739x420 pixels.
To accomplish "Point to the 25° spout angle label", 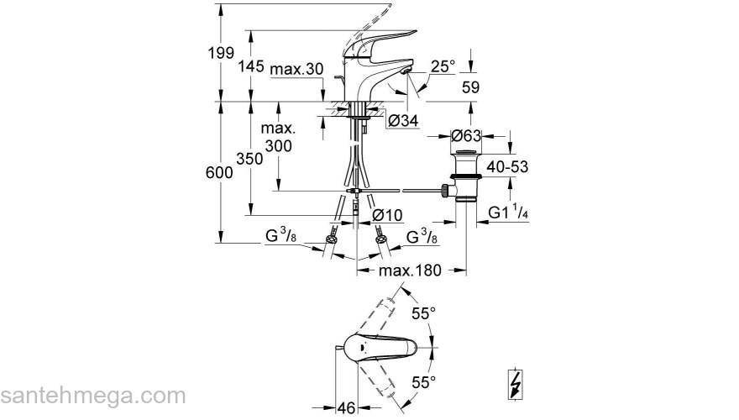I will click(x=443, y=66).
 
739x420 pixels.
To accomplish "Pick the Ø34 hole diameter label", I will click(x=403, y=121).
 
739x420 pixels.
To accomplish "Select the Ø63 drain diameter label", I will click(x=465, y=135).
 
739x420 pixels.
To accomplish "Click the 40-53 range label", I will click(x=507, y=167).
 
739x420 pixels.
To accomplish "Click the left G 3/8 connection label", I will click(x=280, y=239).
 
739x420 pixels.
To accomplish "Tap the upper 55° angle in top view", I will click(x=423, y=313).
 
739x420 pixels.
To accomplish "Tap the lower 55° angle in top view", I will click(x=423, y=383).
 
